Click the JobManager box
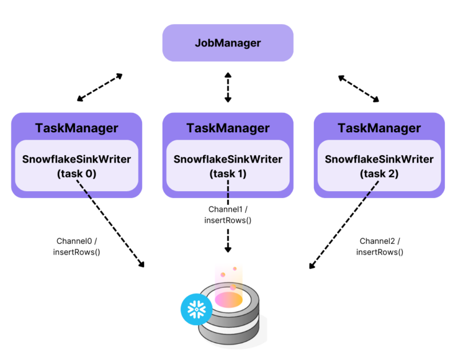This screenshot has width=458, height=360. [x=228, y=43]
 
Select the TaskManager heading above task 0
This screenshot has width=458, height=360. [x=76, y=128]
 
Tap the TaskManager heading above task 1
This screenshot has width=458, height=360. [x=228, y=128]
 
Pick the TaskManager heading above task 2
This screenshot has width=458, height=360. [x=380, y=128]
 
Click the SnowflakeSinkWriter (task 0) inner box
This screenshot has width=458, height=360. [x=76, y=165]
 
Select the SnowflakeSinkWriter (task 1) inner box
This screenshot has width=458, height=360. [x=228, y=165]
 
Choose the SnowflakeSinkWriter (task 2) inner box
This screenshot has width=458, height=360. [x=380, y=165]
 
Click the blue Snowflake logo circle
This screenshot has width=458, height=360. [x=196, y=310]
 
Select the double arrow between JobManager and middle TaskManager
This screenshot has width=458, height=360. [x=228, y=87]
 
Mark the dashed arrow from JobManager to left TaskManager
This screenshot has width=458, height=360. [x=100, y=88]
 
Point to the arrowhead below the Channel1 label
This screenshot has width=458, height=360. [x=228, y=248]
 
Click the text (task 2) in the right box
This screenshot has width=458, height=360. [x=380, y=173]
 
